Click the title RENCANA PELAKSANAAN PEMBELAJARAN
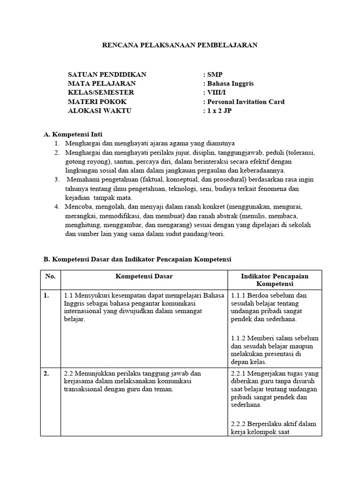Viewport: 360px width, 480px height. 180,45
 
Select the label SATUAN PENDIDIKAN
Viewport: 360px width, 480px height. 107,75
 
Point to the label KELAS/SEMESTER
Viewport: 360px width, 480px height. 101,92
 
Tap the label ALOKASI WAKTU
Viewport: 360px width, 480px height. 100,111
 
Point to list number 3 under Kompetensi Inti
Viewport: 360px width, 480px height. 56,180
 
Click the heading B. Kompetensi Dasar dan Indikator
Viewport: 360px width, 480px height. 137,259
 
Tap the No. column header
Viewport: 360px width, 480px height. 50,277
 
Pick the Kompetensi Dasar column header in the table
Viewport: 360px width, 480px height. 144,277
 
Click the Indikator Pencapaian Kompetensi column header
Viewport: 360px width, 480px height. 274,280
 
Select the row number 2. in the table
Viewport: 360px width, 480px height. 47,374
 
